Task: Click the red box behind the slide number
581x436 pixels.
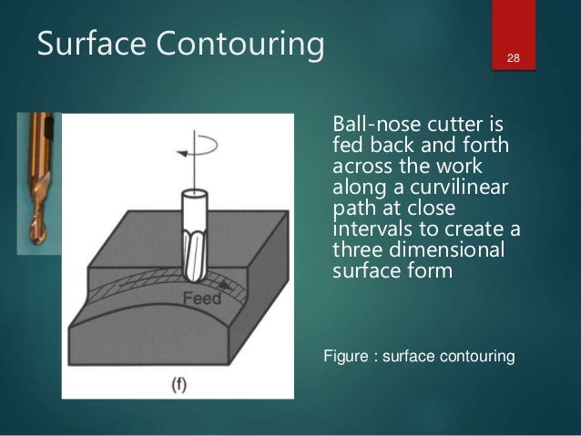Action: (514, 36)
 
